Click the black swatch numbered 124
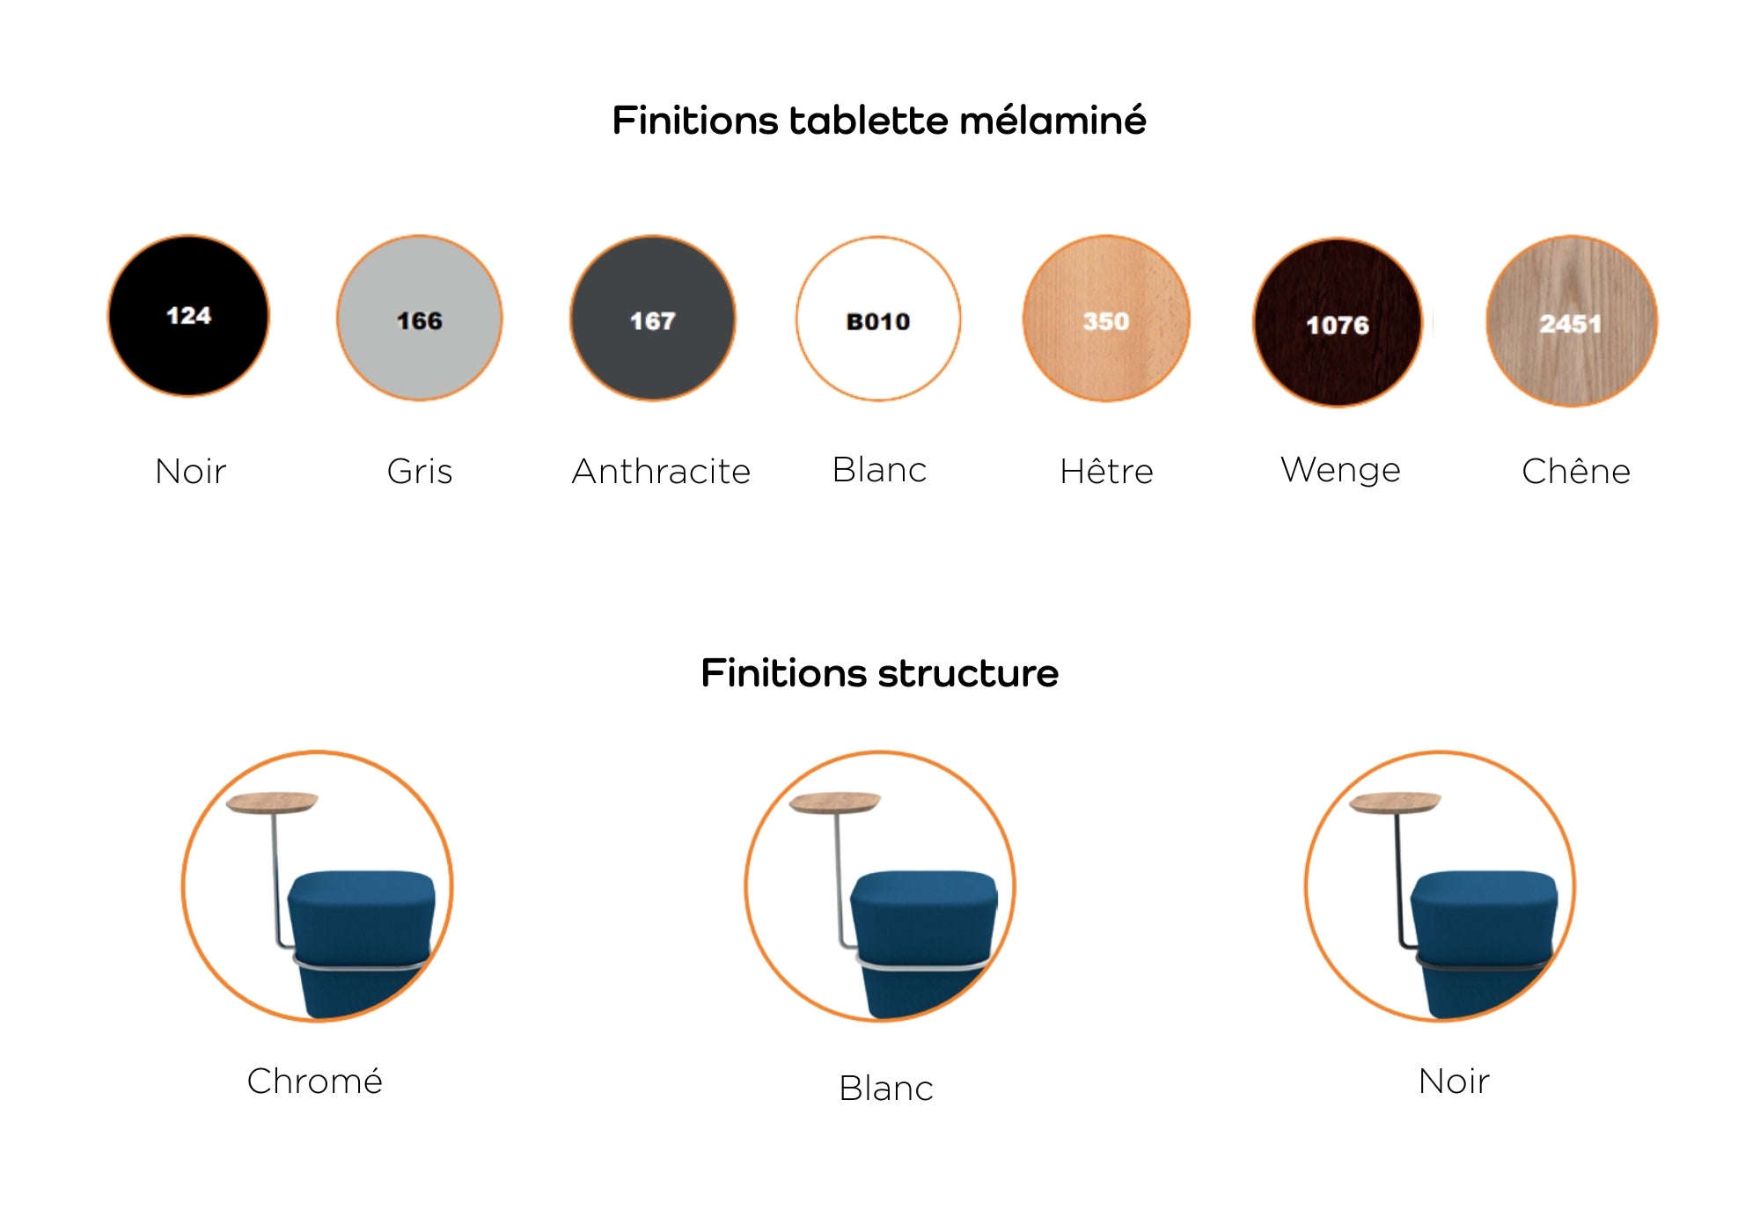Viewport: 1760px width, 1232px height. pyautogui.click(x=188, y=316)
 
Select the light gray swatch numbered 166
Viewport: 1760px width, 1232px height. pyautogui.click(x=420, y=318)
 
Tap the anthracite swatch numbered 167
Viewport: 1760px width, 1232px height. pyautogui.click(x=653, y=318)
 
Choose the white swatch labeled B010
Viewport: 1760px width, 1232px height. pyautogui.click(x=878, y=319)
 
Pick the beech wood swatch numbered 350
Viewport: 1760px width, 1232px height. pyautogui.click(x=1106, y=319)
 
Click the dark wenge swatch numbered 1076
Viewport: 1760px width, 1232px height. pyautogui.click(x=1338, y=322)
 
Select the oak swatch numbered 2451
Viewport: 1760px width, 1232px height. pyautogui.click(x=1572, y=321)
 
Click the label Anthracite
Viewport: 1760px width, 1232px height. pyautogui.click(x=661, y=472)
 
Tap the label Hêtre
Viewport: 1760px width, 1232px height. pyautogui.click(x=1106, y=471)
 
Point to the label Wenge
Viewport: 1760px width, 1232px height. pyautogui.click(x=1340, y=470)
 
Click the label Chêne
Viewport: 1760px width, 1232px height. pyautogui.click(x=1576, y=471)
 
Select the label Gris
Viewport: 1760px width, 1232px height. pyautogui.click(x=420, y=472)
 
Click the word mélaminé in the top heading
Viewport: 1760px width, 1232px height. pyautogui.click(x=1052, y=121)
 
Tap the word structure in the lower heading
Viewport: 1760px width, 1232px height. pyautogui.click(x=968, y=673)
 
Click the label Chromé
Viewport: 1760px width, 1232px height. pyautogui.click(x=315, y=1081)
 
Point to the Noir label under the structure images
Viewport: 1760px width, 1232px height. pyautogui.click(x=1454, y=1082)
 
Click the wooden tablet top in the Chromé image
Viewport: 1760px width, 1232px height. pyautogui.click(x=272, y=803)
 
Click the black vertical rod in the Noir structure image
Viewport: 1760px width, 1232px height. pyautogui.click(x=1399, y=880)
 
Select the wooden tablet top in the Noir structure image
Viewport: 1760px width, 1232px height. pyautogui.click(x=1396, y=803)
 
